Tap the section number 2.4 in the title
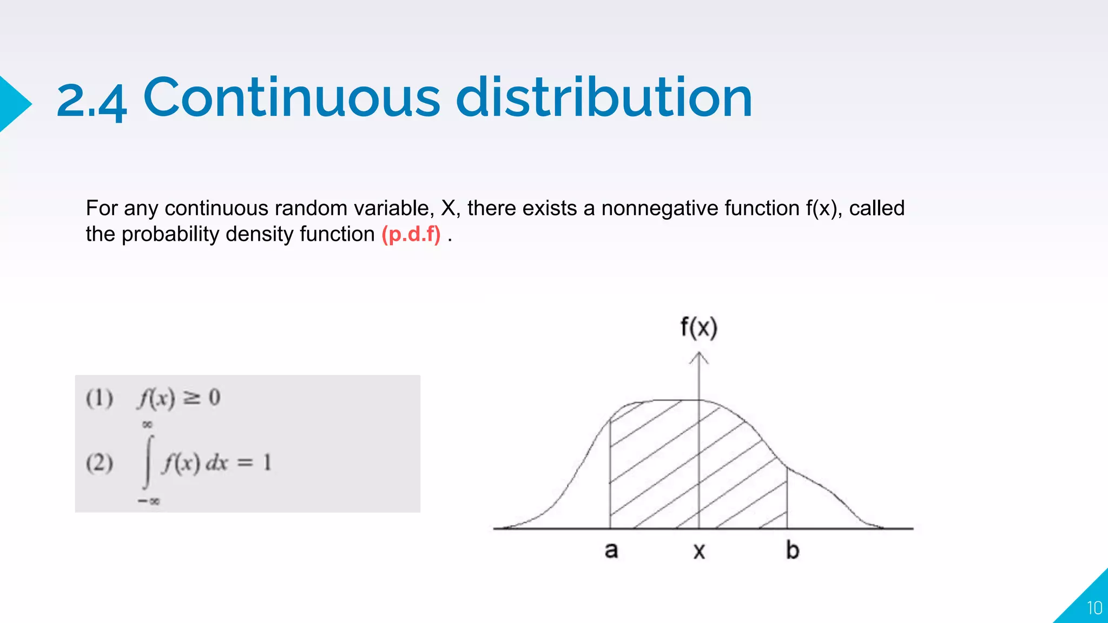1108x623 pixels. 91,101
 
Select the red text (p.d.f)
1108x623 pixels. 411,235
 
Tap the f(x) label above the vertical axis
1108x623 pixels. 698,328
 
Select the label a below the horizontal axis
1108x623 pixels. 611,551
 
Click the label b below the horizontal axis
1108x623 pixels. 793,551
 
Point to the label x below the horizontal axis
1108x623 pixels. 699,552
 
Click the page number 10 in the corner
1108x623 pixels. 1094,608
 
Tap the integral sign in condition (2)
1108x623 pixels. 148,462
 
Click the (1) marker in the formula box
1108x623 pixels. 100,399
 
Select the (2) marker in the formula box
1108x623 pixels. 100,463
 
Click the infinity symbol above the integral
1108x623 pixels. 147,425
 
